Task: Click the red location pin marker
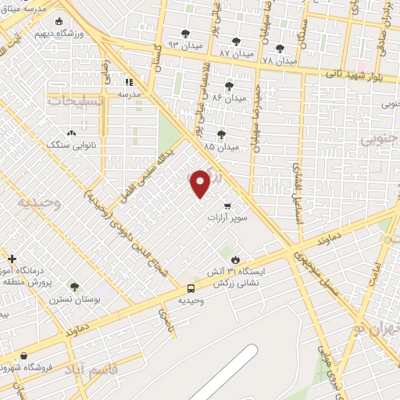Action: [x=200, y=184]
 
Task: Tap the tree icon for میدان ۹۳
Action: [x=185, y=34]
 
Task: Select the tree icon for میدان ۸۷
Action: [x=236, y=41]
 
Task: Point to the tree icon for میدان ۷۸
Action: [x=280, y=48]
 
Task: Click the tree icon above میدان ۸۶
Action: [x=229, y=86]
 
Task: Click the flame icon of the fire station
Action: [x=235, y=259]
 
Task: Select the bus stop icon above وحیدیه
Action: [x=191, y=287]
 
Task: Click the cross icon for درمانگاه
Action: [x=12, y=258]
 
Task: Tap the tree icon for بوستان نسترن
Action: [x=73, y=287]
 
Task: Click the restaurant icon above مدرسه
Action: [x=129, y=81]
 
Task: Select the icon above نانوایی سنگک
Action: [x=71, y=134]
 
